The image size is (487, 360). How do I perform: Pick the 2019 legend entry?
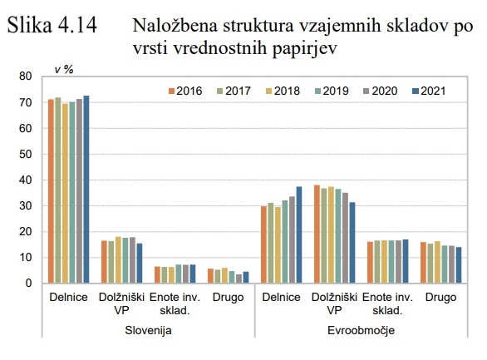[x=338, y=90]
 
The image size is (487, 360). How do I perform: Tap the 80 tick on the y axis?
[x=26, y=76]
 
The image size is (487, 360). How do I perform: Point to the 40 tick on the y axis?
[x=26, y=180]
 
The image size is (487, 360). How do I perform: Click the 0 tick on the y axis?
[x=28, y=284]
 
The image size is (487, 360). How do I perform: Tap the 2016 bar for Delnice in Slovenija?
[x=51, y=191]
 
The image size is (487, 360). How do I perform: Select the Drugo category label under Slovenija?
[x=227, y=297]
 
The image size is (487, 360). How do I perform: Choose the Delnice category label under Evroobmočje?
[x=281, y=297]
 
